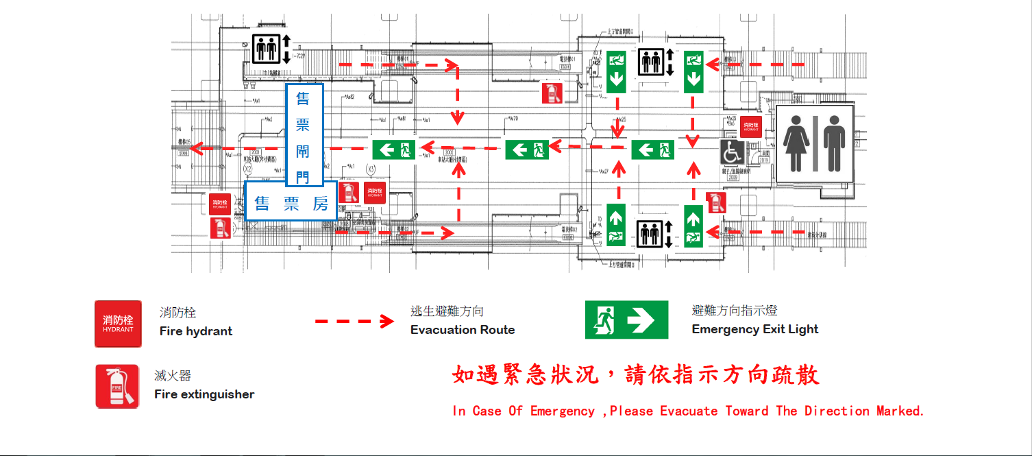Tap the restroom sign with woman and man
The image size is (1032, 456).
pos(814,143)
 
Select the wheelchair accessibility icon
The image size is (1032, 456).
pos(732,152)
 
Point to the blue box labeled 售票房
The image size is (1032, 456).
pos(291,204)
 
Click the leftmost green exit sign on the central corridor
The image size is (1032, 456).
pos(393,149)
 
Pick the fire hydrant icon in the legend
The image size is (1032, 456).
pos(118,324)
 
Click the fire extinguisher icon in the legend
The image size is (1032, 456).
pos(117,387)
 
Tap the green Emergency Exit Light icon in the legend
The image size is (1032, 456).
pos(626,320)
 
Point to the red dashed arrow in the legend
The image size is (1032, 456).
pos(354,321)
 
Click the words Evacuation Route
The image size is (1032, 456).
pos(463,330)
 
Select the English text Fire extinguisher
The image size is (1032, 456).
pos(204,394)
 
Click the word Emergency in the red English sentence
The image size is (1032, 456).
pos(562,411)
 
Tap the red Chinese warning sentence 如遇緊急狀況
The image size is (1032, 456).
pos(635,375)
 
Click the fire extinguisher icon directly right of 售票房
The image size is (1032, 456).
pos(348,192)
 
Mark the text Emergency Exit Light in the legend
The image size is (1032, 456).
pos(755,329)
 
